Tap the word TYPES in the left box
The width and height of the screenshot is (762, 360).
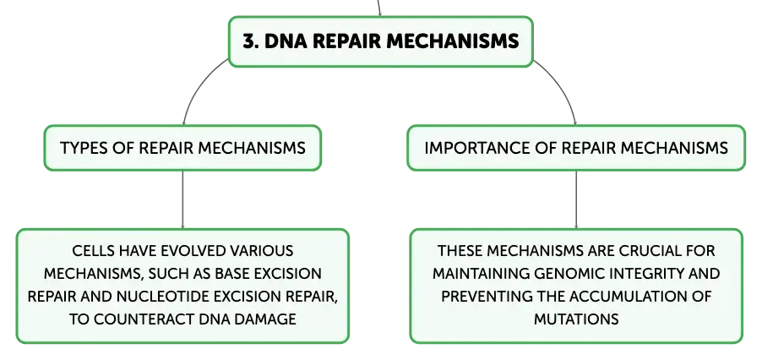pyautogui.click(x=77, y=148)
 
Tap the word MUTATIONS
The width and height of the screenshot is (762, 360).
pyautogui.click(x=576, y=319)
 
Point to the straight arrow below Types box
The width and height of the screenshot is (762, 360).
pyautogui.click(x=182, y=199)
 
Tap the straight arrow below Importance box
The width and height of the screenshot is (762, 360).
pyautogui.click(x=576, y=199)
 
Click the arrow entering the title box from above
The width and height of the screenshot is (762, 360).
pyautogui.click(x=378, y=8)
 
